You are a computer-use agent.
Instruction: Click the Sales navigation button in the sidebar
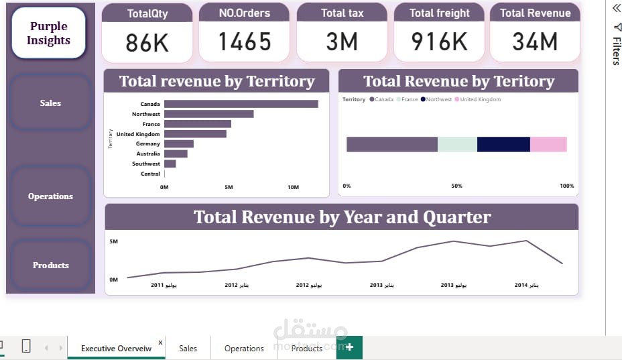(x=50, y=103)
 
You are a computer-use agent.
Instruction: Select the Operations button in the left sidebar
(x=50, y=196)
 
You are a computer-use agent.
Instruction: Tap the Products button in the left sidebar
(x=51, y=265)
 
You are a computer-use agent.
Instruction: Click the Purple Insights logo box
(x=48, y=34)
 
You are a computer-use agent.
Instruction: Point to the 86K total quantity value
(x=147, y=42)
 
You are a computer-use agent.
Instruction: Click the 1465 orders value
(x=245, y=42)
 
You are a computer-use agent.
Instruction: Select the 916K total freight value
(x=439, y=42)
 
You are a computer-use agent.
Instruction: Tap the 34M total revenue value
(x=535, y=42)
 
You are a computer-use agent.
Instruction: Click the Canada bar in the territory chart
(x=241, y=104)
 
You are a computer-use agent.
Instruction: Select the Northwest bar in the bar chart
(x=208, y=114)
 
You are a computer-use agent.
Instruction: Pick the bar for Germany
(x=178, y=143)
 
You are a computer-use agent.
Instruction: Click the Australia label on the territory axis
(x=148, y=154)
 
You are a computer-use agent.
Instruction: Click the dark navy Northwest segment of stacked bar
(x=503, y=144)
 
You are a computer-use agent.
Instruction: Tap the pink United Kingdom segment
(x=548, y=144)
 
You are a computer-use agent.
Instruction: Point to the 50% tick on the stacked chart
(x=456, y=186)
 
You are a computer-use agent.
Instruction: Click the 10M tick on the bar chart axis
(x=293, y=187)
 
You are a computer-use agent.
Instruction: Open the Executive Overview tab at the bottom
(x=116, y=348)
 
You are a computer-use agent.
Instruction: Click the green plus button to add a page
(x=349, y=347)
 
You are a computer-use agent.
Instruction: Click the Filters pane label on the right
(x=615, y=50)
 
